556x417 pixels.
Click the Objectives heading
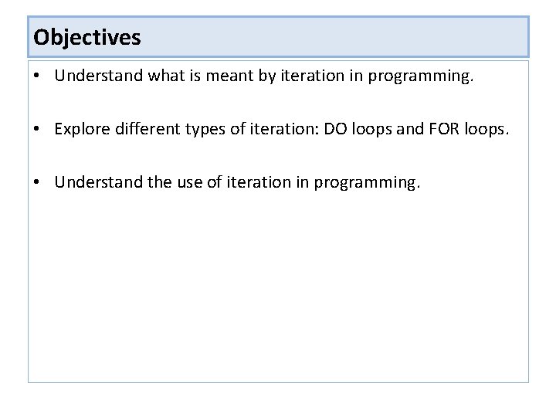pos(87,37)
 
